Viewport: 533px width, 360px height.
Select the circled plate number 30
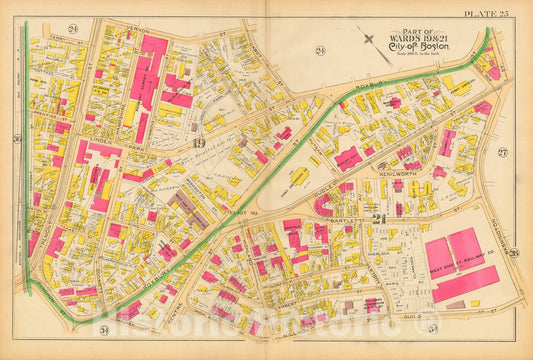(18, 137)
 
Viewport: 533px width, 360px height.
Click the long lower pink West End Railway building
(465, 284)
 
